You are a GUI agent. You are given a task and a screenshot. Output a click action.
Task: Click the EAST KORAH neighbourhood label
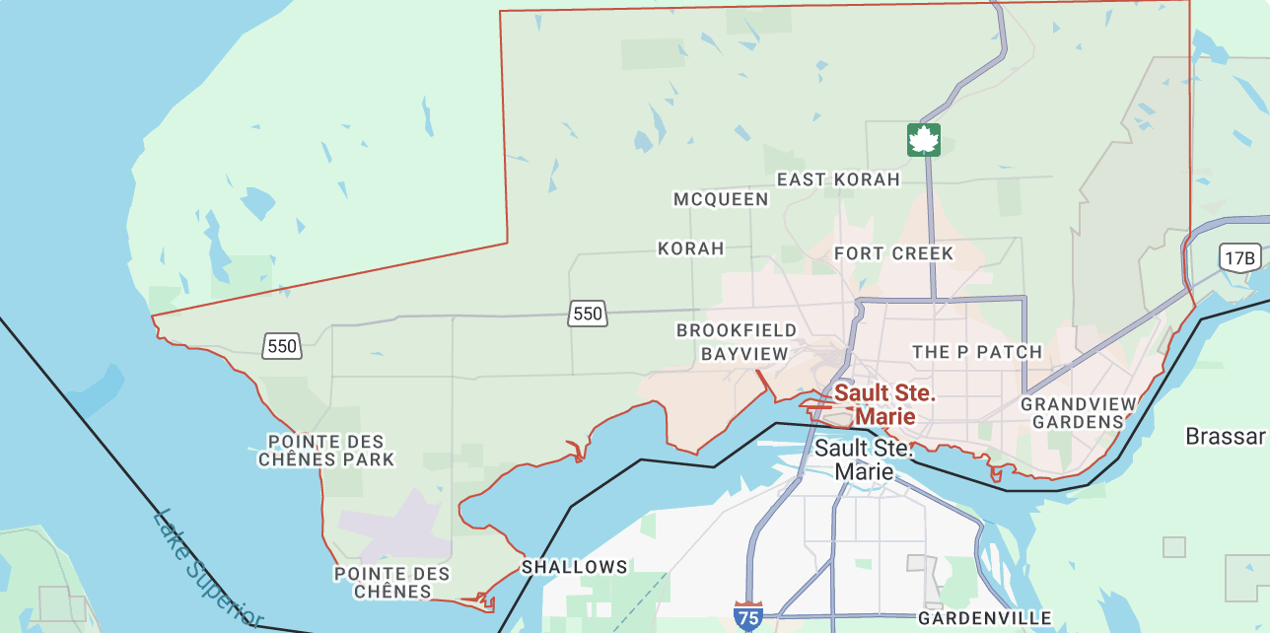click(x=838, y=179)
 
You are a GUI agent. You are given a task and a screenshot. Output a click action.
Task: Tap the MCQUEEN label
click(x=721, y=199)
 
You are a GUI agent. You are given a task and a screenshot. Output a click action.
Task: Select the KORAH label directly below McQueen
click(x=691, y=248)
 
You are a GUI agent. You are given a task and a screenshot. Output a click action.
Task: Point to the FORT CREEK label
click(x=893, y=253)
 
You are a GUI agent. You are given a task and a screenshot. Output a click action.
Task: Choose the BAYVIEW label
click(x=744, y=353)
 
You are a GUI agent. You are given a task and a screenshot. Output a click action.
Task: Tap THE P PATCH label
click(x=977, y=352)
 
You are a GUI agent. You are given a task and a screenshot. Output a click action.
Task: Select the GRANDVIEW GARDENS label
click(x=1078, y=413)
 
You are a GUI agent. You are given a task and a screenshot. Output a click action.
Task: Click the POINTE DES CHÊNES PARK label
click(x=326, y=451)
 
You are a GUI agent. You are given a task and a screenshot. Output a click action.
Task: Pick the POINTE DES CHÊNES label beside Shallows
click(x=392, y=583)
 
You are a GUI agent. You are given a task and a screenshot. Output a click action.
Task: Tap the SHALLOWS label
click(x=574, y=567)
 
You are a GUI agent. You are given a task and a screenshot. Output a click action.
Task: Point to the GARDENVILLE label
click(x=984, y=618)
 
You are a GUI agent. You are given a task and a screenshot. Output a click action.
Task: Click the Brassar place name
click(x=1225, y=436)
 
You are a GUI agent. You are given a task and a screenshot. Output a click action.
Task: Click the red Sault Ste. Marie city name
click(x=884, y=404)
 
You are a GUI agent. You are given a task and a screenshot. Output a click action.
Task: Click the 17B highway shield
click(x=1238, y=258)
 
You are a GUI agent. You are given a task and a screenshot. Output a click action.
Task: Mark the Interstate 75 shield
click(x=748, y=616)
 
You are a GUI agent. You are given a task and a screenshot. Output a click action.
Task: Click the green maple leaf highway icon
click(x=924, y=140)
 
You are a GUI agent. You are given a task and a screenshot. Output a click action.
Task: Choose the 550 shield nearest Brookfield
click(x=587, y=314)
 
